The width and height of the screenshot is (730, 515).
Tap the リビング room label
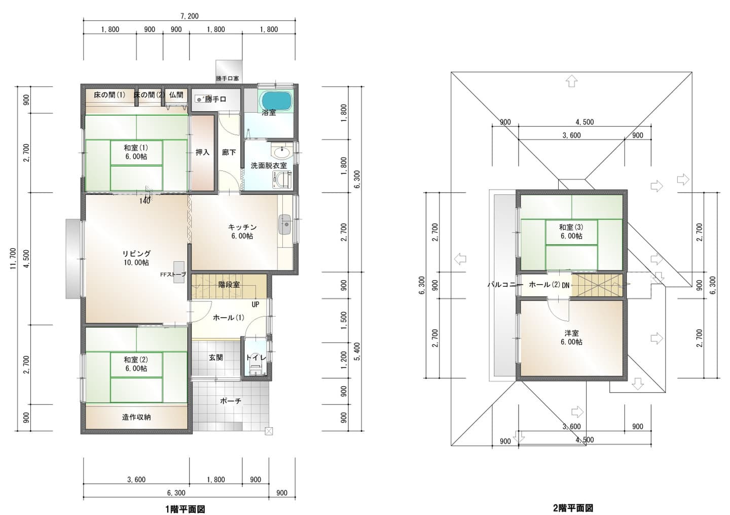pos(136,253)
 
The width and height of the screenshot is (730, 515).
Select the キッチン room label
pos(242,227)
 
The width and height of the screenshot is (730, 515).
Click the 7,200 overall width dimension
pos(190,16)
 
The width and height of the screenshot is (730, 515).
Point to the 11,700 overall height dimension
pos(13,259)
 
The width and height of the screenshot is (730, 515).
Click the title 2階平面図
pos(573,508)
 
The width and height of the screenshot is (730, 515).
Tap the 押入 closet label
pos(202,152)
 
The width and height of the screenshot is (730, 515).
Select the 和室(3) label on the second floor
pos(571,227)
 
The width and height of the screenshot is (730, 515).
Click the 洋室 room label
pos(572,333)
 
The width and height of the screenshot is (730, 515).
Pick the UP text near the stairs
pos(255,304)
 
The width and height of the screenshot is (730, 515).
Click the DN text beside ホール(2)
pos(565,285)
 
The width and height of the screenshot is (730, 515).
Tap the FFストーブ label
pos(173,274)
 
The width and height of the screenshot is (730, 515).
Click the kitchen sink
pos(285,224)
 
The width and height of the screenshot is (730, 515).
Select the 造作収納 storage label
pos(136,417)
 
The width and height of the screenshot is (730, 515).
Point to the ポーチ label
pos(231,401)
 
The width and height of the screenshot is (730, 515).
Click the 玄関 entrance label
pos(216,358)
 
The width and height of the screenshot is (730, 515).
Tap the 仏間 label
pos(176,95)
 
